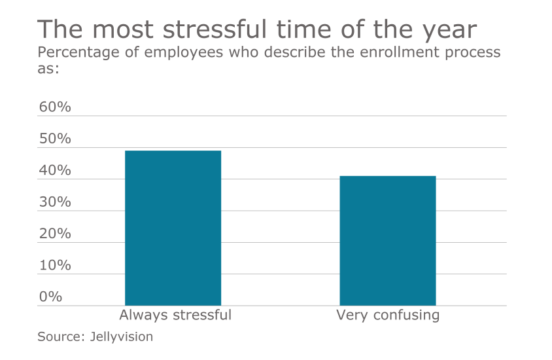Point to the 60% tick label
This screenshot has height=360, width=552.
click(x=55, y=107)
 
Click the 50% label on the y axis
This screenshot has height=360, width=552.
click(x=55, y=139)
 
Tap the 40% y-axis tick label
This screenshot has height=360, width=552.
click(x=55, y=170)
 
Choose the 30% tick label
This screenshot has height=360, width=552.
click(x=55, y=202)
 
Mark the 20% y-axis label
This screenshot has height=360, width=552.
click(x=55, y=234)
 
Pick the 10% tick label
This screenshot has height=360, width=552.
click(x=55, y=265)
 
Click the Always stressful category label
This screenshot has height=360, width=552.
click(x=175, y=315)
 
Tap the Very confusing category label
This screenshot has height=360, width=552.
click(x=388, y=315)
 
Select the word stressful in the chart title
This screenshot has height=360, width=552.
click(x=215, y=30)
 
